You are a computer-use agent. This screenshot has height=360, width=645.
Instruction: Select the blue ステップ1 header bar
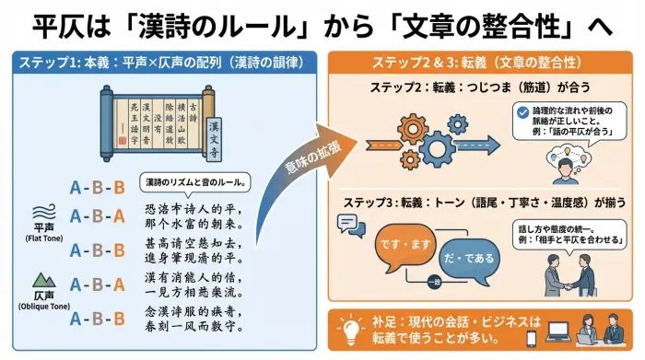(162, 63)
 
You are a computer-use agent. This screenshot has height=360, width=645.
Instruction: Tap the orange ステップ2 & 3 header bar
(475, 63)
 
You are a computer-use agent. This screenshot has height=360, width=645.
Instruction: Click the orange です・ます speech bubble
(401, 247)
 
